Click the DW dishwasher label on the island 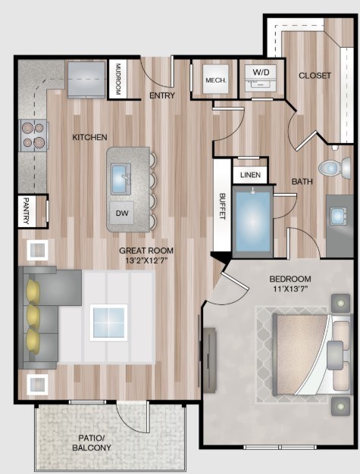[121, 213]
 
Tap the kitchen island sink [123, 179]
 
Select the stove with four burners [34, 135]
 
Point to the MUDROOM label [118, 78]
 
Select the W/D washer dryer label [261, 73]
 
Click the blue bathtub [252, 222]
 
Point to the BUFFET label [223, 206]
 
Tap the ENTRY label [162, 95]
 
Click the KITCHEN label [89, 137]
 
